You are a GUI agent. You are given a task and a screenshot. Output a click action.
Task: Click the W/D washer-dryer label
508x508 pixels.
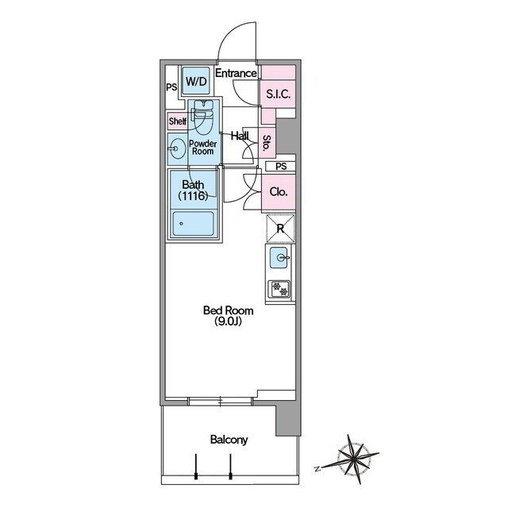point(196,81)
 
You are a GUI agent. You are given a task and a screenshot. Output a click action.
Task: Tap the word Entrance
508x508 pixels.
point(236,73)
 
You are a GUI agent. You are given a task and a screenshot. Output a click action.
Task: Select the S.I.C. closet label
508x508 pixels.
point(279,94)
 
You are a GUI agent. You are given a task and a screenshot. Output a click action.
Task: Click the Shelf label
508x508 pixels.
point(178,121)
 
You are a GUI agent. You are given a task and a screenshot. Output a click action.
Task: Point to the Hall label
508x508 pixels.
point(240,136)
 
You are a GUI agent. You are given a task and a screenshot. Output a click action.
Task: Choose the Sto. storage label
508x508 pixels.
point(267,143)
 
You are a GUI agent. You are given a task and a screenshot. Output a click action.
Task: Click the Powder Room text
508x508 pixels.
point(203,148)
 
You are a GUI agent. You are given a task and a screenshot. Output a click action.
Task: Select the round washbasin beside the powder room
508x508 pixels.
point(178,148)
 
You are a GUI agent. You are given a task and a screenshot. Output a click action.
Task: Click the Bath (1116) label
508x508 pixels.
point(193,190)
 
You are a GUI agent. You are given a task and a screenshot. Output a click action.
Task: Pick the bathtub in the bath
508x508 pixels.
point(193,224)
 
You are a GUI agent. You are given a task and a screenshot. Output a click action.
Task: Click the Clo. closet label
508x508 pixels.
point(279,192)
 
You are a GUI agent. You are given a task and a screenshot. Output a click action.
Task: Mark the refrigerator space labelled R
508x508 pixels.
point(280,229)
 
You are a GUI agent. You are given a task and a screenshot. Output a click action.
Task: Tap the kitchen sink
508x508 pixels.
point(279,257)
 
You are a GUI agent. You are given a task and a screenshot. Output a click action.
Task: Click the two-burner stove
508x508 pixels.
point(279,290)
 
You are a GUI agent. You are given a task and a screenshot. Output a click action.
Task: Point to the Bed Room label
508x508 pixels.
point(229,310)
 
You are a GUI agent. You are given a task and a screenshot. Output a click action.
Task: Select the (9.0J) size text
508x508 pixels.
point(228,321)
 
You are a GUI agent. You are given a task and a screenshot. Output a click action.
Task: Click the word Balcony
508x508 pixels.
point(229,440)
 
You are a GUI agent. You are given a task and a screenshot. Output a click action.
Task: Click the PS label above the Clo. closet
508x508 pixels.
point(281,167)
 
